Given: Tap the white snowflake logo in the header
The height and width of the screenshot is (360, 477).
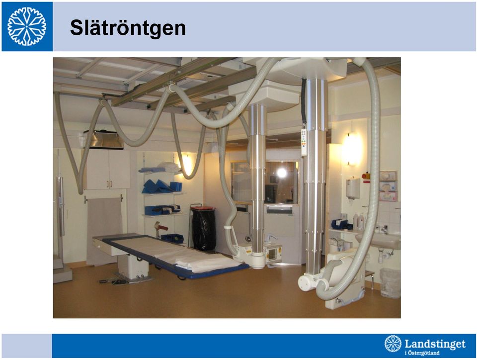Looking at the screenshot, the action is click(x=27, y=26).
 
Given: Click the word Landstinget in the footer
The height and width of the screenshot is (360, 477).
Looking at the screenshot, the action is click(x=435, y=344).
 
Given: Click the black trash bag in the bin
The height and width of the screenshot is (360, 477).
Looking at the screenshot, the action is click(x=204, y=230).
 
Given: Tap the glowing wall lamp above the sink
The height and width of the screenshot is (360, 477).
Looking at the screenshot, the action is click(x=352, y=149).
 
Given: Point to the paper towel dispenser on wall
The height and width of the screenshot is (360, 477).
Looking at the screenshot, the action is click(x=353, y=188).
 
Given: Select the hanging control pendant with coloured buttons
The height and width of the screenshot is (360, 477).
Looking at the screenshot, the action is click(x=304, y=142).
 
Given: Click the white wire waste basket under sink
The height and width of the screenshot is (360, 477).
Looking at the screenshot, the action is click(x=390, y=283).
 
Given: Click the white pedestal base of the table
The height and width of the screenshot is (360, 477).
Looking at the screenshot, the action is click(x=133, y=267).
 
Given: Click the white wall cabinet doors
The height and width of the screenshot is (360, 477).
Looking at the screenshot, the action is click(x=108, y=169).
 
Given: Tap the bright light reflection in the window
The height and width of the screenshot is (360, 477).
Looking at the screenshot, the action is click(x=282, y=173).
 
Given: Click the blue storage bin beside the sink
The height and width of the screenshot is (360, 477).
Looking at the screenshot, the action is click(x=340, y=224).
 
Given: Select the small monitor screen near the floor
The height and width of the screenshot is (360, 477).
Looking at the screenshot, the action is click(x=273, y=255).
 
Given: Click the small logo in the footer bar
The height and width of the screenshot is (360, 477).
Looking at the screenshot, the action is click(x=393, y=344).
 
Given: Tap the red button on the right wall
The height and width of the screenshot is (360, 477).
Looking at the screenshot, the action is click(x=365, y=176).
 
